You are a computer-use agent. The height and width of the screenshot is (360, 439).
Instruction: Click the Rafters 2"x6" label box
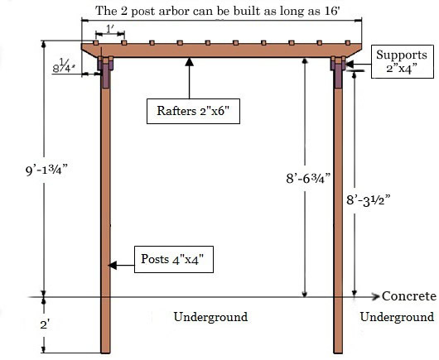coord(193,111)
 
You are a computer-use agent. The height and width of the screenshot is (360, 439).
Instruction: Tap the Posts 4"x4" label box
coord(174,259)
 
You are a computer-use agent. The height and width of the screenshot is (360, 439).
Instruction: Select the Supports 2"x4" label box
coord(403,61)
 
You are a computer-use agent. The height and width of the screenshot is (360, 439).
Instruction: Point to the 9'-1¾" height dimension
coord(46,170)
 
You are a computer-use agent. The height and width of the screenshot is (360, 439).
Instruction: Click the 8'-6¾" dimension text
coord(308,178)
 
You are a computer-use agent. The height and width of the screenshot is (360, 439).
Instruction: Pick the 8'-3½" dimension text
coord(368,200)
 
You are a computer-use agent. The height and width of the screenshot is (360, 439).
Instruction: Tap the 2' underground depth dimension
coord(45,324)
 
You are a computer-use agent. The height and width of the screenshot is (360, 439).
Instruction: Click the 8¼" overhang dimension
coord(64,66)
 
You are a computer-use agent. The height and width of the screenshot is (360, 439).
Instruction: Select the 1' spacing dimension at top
coord(110,29)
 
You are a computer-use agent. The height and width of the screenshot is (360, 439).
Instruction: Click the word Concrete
coord(409,296)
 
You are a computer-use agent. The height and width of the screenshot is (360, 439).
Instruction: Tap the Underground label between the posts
coord(210,317)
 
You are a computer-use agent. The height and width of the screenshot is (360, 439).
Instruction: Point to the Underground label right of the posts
coord(397,317)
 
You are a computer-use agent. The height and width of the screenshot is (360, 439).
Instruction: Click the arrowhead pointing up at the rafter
coord(190,61)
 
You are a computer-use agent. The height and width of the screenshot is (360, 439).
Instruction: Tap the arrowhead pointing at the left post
coord(113,265)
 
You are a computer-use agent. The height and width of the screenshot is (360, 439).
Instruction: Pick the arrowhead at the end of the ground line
coord(375,296)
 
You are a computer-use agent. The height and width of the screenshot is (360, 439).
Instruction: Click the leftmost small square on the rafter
coord(96,43)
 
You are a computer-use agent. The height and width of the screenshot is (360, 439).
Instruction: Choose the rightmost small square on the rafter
coord(348,43)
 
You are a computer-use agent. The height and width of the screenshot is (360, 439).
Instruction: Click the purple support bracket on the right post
coord(338,72)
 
